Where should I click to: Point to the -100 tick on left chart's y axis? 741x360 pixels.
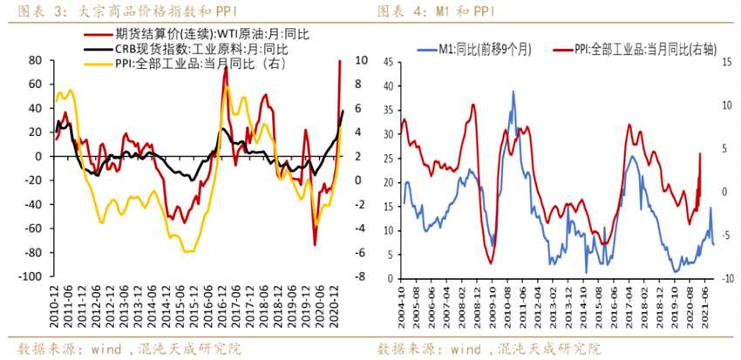click(29, 276)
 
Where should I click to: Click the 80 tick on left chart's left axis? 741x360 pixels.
click(35, 60)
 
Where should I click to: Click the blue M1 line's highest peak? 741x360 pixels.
click(513, 92)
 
